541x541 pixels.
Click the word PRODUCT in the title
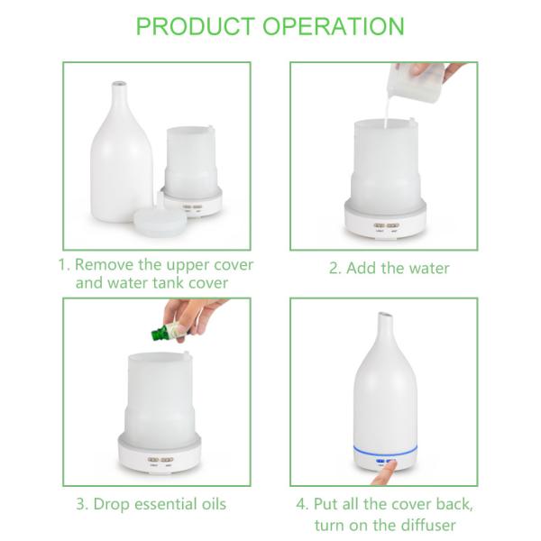click(196, 26)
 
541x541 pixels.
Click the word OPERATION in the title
click(334, 26)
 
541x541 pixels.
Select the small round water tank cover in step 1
click(160, 216)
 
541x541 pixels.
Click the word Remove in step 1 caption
click(105, 265)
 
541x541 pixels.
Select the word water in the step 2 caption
click(429, 268)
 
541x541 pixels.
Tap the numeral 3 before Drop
click(82, 504)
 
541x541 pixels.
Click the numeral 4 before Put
click(302, 504)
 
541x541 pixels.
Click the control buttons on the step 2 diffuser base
click(386, 225)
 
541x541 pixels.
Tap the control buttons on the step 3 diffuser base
click(160, 460)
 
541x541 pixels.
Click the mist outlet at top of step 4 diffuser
click(385, 315)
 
